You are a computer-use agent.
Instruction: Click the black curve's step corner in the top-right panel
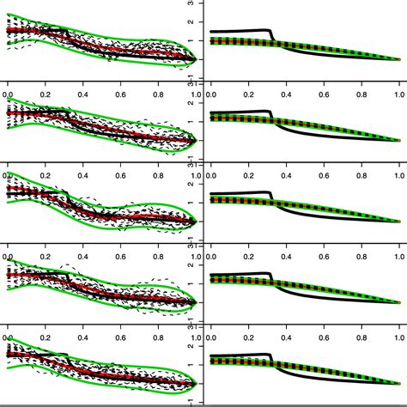tap(270, 32)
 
